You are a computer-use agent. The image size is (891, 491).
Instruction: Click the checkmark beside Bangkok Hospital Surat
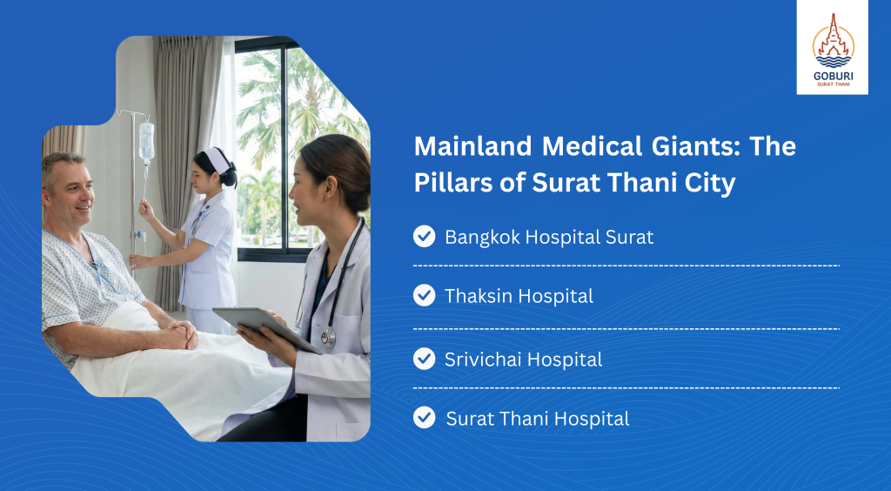coord(424,237)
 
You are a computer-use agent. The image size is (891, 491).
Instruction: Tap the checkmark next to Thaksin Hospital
coord(424,295)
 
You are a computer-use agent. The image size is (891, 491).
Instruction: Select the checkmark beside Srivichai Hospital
coord(424,360)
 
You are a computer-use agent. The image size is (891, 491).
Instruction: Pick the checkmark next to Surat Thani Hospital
coord(424,418)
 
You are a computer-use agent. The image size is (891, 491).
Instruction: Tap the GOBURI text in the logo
coord(833,76)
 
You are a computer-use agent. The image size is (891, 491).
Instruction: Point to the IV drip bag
coord(146,141)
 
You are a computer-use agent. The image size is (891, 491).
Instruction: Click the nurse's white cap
coord(218,159)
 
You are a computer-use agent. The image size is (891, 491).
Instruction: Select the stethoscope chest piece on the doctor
coord(328,338)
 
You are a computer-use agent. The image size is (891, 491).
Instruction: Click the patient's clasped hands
coord(182,334)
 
